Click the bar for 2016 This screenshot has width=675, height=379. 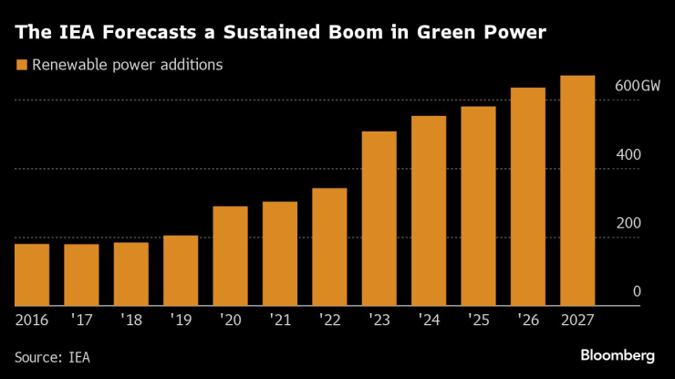[32, 275]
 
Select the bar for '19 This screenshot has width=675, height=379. [181, 271]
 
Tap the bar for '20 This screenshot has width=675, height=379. [230, 257]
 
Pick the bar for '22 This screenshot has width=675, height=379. [329, 247]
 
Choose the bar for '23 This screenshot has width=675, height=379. [379, 219]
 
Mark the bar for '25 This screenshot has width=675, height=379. [478, 206]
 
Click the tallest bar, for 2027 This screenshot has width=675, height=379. [577, 191]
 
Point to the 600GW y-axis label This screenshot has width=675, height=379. [637, 86]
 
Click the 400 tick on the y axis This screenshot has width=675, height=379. [629, 154]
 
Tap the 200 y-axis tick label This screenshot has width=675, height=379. [629, 223]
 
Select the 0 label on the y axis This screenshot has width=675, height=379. [637, 291]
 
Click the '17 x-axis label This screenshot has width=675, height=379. [82, 320]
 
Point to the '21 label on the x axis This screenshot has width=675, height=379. [280, 320]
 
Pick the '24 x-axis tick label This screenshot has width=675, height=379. [429, 320]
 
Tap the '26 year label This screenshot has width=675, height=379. [528, 320]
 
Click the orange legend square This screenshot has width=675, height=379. [21, 65]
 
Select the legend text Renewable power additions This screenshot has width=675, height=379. [127, 65]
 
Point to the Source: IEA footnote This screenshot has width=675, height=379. [53, 356]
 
